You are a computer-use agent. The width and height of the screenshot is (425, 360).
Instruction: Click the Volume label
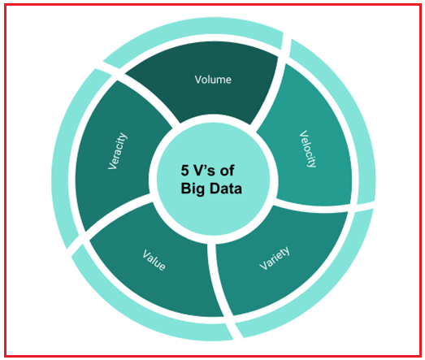(x=213, y=80)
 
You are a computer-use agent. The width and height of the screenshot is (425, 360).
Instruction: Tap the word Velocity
(x=308, y=149)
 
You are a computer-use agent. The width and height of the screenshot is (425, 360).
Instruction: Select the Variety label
(x=275, y=258)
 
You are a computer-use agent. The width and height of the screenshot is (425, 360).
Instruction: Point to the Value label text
(x=154, y=260)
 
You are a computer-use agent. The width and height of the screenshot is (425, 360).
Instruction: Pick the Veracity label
(x=117, y=151)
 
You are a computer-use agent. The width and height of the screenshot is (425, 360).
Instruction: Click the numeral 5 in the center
(x=184, y=171)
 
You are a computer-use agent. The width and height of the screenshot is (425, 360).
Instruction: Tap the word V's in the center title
(x=205, y=171)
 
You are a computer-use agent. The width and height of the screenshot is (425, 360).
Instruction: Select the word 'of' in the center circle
(x=228, y=171)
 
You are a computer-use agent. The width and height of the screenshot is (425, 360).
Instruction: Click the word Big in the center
(x=193, y=189)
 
